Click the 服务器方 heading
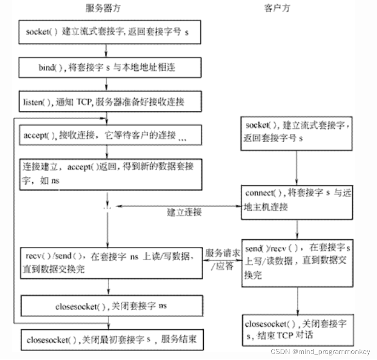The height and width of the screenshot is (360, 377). point(104,8)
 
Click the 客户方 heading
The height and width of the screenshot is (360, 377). point(277,8)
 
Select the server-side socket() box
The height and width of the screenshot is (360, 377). point(111,32)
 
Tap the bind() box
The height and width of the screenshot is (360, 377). point(111,67)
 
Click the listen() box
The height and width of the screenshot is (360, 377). point(111,101)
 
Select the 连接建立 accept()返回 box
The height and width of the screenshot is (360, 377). point(111,174)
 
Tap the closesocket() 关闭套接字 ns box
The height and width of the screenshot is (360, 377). point(111,306)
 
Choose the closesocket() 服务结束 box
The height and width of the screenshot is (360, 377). point(111,340)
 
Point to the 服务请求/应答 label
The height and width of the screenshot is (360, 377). point(222,259)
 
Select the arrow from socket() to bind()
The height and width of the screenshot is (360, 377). point(106,50)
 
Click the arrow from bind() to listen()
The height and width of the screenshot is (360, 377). point(106,84)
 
